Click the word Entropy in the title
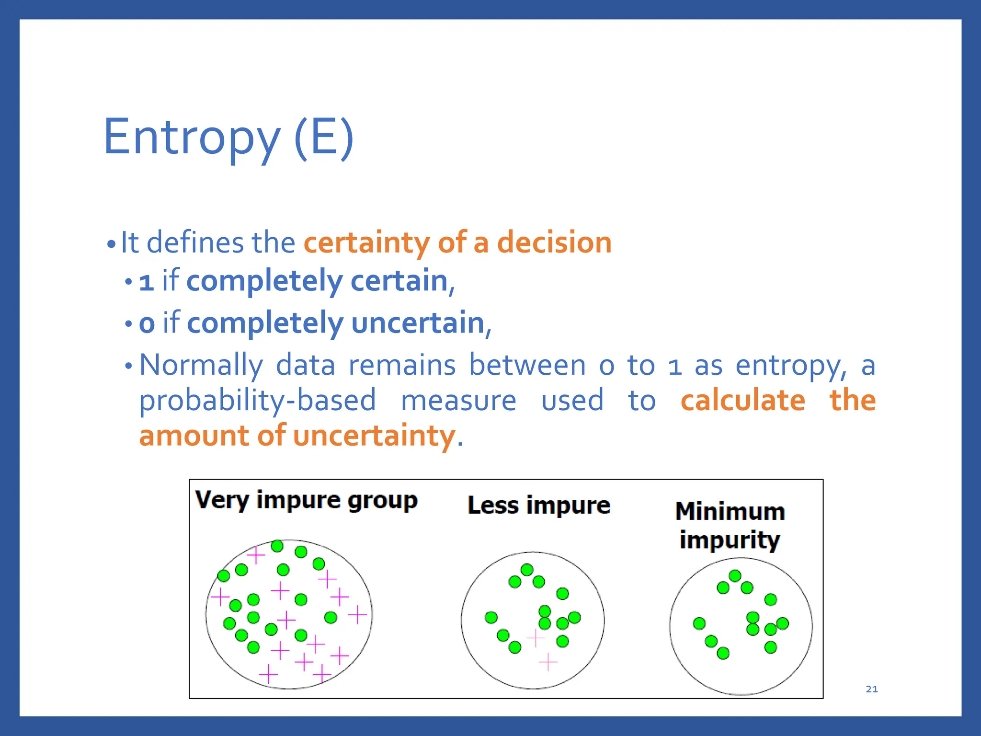point(192,138)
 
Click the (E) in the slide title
point(324,138)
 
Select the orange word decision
point(554,242)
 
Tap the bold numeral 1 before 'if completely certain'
point(146,282)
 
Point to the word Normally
point(201,365)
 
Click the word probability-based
point(257,401)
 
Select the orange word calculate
point(743,401)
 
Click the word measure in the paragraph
point(458,401)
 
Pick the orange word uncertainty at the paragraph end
point(374,436)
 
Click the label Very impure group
point(306,500)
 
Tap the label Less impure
point(539,506)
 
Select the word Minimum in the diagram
point(730,511)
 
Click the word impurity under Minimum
point(730,540)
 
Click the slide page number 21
point(872,689)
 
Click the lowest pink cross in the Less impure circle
point(548,662)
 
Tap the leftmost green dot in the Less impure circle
point(491,618)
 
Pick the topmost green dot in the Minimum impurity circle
point(735,575)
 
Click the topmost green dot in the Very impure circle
point(277,546)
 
